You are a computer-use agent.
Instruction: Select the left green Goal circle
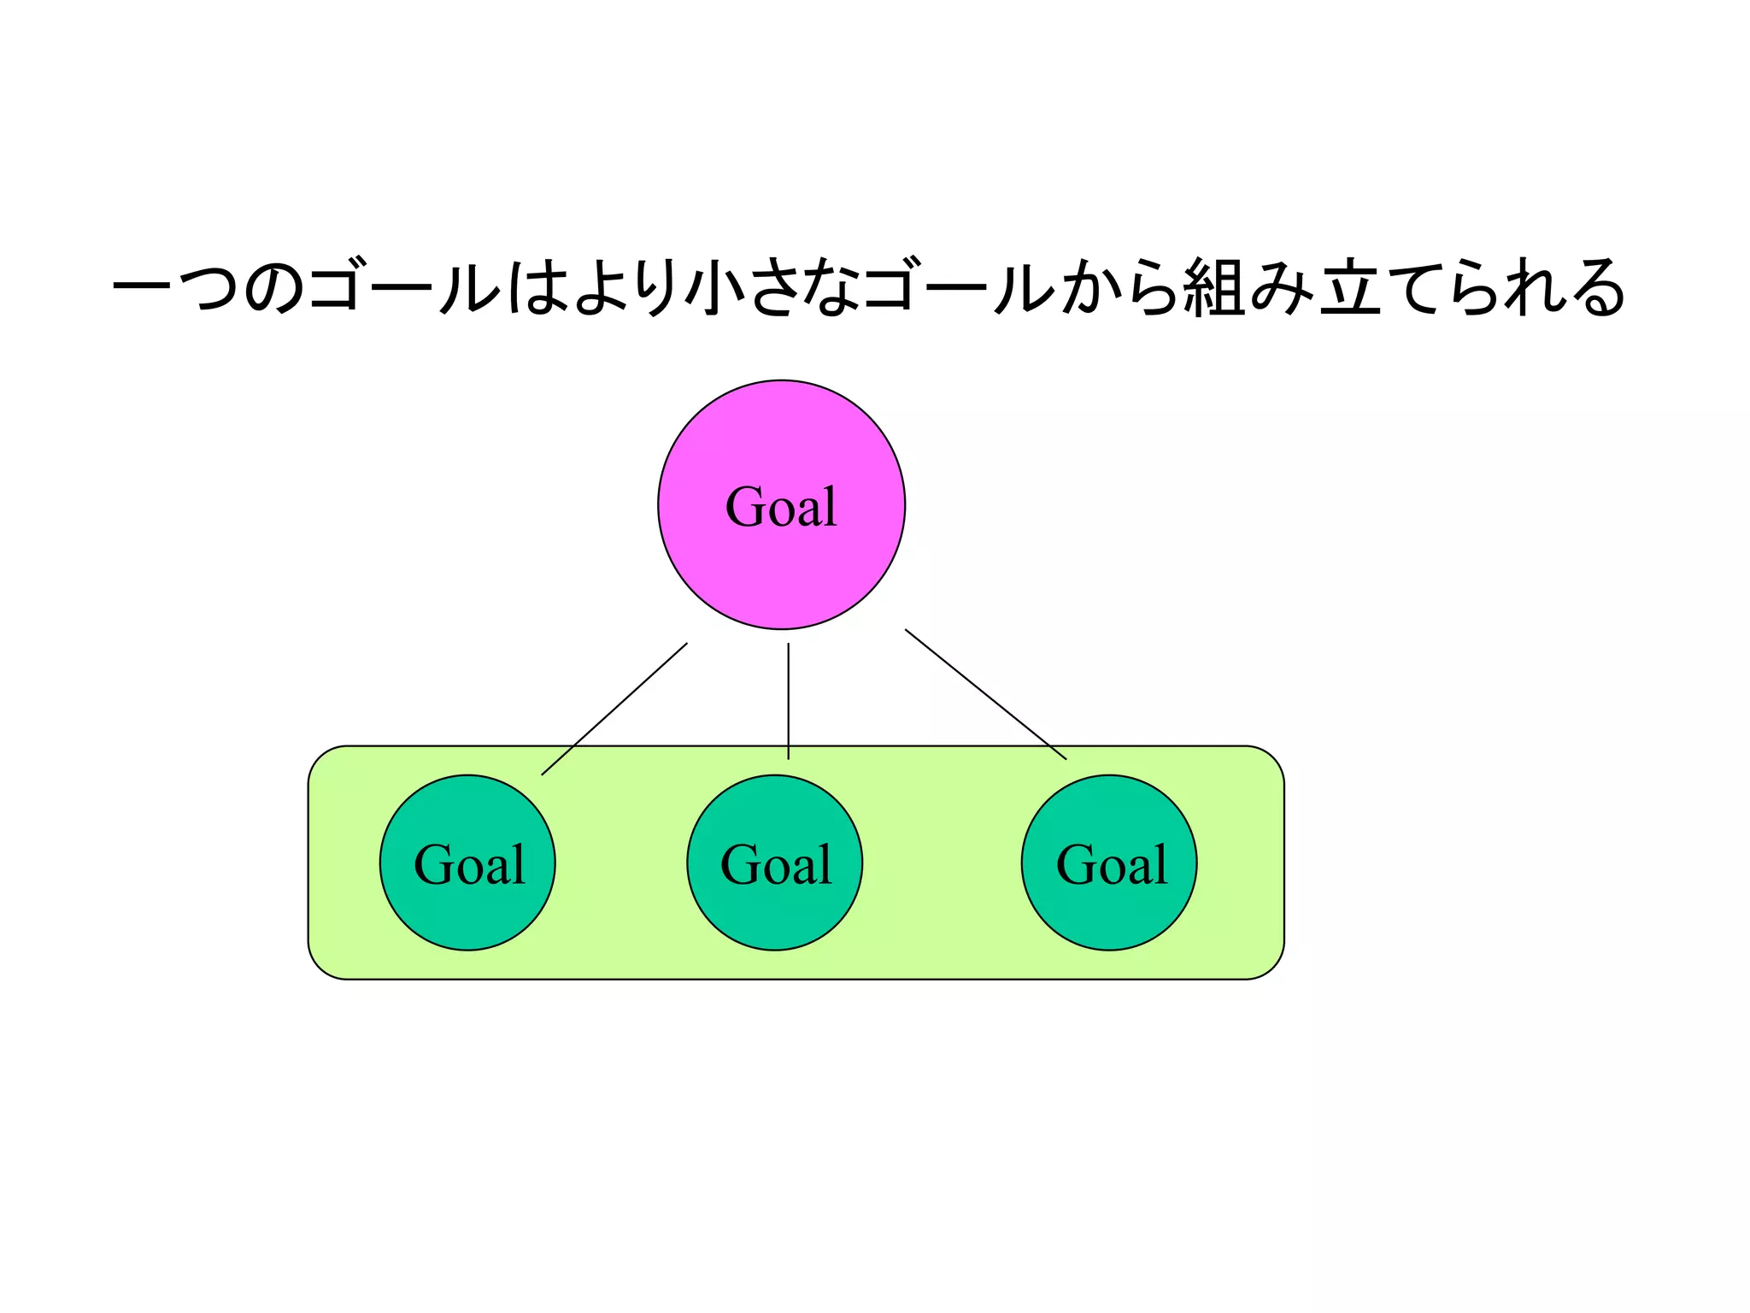tap(467, 906)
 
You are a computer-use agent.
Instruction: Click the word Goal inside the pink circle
tap(781, 506)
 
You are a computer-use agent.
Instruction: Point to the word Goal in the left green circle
tap(469, 864)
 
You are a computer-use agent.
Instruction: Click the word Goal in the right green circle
tap(1111, 864)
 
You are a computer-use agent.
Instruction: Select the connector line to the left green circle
tap(614, 709)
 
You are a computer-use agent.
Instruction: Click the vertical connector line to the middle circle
tap(788, 701)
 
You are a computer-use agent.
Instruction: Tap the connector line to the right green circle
tap(985, 694)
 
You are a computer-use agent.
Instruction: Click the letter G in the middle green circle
tap(739, 864)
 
